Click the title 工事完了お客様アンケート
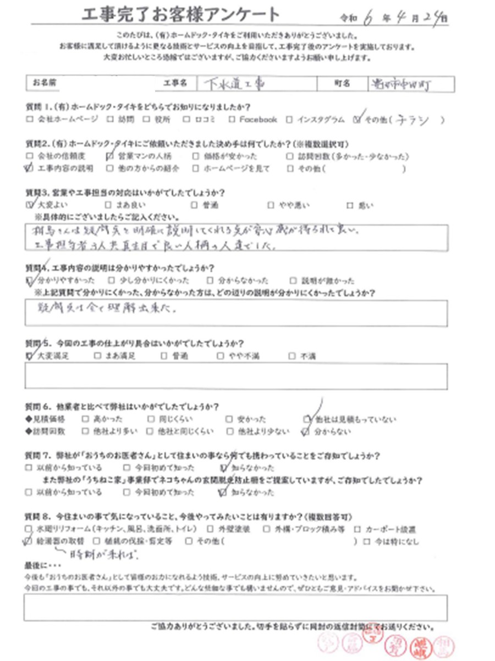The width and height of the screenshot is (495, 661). point(179,14)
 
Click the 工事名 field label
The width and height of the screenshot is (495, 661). point(174,83)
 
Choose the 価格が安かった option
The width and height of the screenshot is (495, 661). point(196,156)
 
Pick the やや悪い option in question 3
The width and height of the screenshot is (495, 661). point(271,205)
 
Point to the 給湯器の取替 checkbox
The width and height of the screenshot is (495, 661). point(29,541)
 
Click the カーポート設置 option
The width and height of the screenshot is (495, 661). point(358,529)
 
